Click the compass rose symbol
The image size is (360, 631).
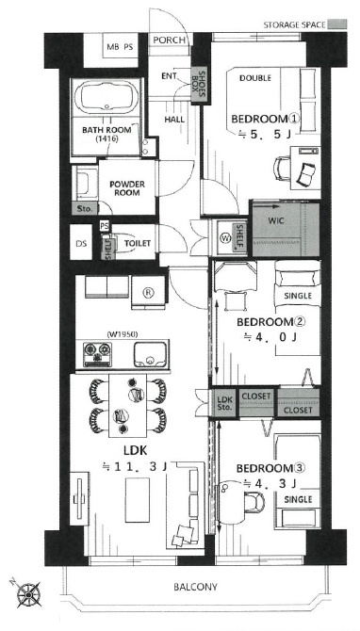pyautogui.click(x=28, y=593)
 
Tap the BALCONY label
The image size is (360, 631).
pyautogui.click(x=195, y=587)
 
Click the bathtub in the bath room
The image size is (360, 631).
pyautogui.click(x=106, y=97)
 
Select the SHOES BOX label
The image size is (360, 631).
pyautogui.click(x=198, y=86)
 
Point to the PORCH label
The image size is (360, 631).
pyautogui.click(x=170, y=40)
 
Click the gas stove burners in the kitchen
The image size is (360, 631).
pyautogui.click(x=97, y=354)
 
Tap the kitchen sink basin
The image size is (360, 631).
pyautogui.click(x=150, y=354)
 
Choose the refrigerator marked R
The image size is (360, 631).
pyautogui.click(x=149, y=293)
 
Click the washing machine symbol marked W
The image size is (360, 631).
pyautogui.click(x=224, y=238)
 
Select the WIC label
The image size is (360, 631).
pyautogui.click(x=276, y=221)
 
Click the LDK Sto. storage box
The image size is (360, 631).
pyautogui.click(x=224, y=404)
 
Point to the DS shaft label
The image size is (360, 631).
pyautogui.click(x=81, y=244)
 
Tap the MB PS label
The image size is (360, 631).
pyautogui.click(x=120, y=47)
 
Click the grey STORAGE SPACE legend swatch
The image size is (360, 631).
pyautogui.click(x=337, y=24)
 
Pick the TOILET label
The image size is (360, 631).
pyautogui.click(x=138, y=244)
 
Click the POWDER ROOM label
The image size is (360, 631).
pyautogui.click(x=127, y=188)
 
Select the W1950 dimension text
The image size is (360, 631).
pyautogui.click(x=123, y=334)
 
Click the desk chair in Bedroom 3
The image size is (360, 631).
pyautogui.click(x=254, y=502)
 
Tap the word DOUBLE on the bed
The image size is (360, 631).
pyautogui.click(x=254, y=78)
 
